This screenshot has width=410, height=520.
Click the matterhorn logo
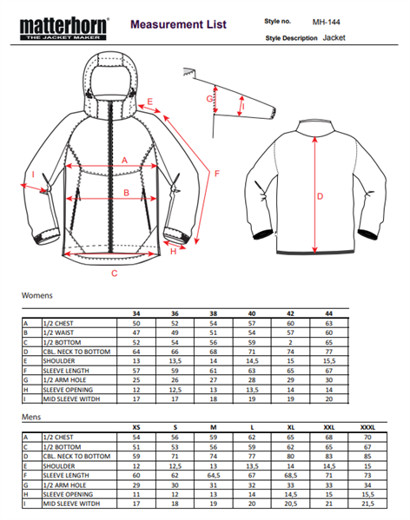pos(64,29)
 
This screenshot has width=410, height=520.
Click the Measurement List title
pos(178,24)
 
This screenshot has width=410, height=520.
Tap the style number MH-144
pos(326,23)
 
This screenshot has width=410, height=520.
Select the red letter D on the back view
pos(321,196)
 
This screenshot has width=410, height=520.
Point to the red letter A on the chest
pos(124,161)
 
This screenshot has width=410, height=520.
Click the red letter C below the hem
pos(115,273)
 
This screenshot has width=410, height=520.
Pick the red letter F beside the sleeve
pos(217,174)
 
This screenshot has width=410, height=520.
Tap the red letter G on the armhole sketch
pos(209,98)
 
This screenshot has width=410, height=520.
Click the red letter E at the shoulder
pos(149,102)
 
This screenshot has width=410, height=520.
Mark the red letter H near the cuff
pos(173,252)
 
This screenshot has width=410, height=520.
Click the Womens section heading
pos(36,295)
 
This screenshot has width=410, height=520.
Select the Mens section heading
pos(31,417)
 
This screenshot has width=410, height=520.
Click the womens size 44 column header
pos(328,313)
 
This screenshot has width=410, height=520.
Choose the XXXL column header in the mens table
pos(367,427)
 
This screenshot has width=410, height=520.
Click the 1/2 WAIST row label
pos(58,332)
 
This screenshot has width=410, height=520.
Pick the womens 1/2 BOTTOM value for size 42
pos(290,342)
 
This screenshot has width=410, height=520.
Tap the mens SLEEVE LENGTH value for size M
pos(214,475)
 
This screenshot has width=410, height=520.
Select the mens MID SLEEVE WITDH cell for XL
pos(290,504)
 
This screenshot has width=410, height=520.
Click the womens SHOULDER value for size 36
pos(175,361)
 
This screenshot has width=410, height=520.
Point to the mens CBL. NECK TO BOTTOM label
pos(76,457)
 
